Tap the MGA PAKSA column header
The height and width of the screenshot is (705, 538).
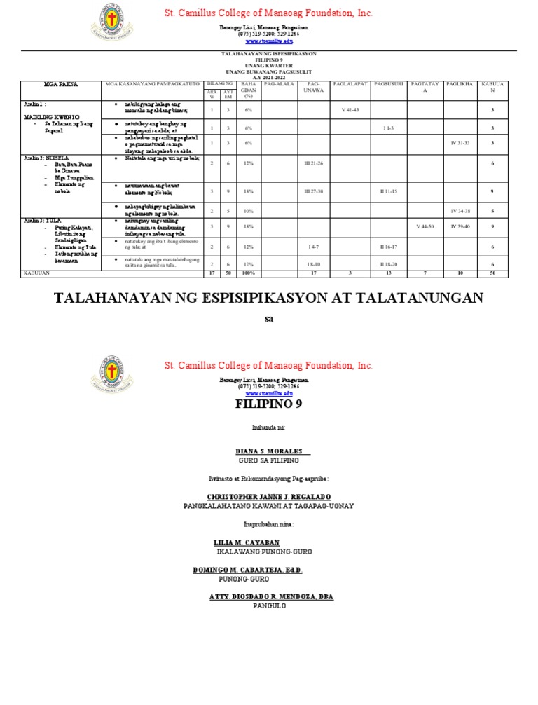[x=60, y=84]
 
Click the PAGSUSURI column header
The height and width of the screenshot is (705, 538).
[x=389, y=84]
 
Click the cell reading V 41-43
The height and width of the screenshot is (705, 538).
[x=350, y=110]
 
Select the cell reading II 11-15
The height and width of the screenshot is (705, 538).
[x=389, y=191]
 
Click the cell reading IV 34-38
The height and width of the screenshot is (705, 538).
[x=460, y=210]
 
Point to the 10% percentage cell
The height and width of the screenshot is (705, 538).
[x=248, y=210]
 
